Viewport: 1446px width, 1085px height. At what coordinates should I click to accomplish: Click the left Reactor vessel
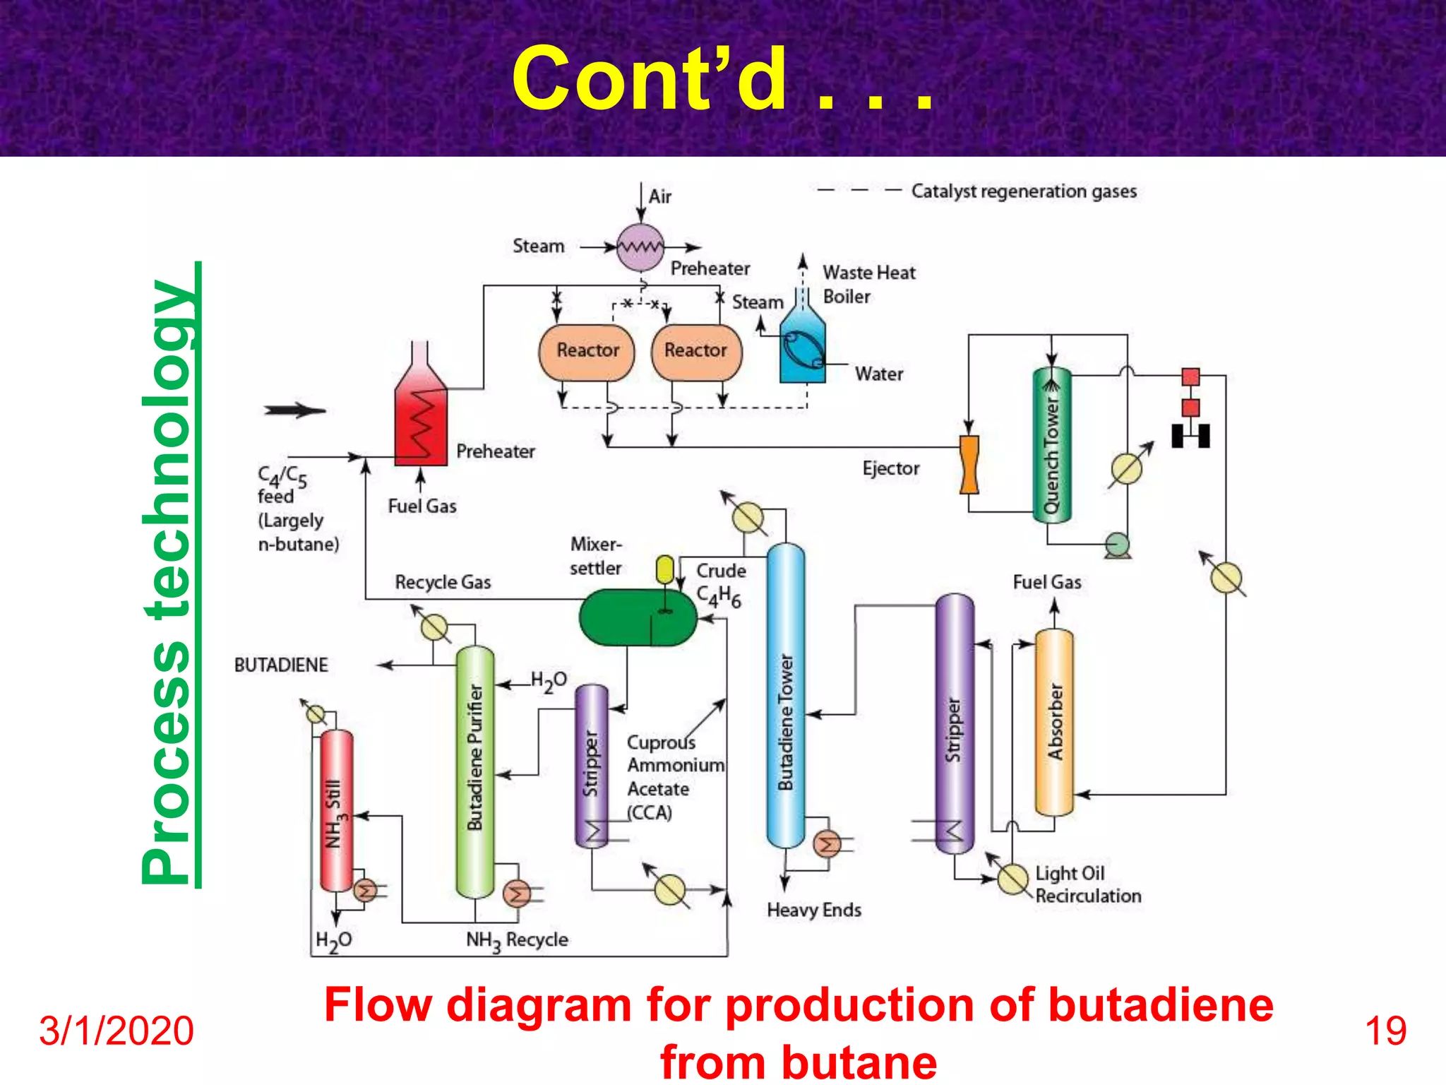click(x=586, y=352)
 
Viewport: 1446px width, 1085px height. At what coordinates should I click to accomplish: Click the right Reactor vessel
click(x=696, y=352)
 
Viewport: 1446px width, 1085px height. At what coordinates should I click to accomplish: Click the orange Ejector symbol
click(x=969, y=464)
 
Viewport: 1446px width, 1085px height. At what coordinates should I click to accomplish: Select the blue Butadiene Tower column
click(x=785, y=696)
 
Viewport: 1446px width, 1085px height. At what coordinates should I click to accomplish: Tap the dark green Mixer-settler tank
click(x=637, y=617)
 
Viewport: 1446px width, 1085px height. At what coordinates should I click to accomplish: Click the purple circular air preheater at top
click(x=640, y=247)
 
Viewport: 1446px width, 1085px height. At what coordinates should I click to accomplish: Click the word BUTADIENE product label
click(x=281, y=665)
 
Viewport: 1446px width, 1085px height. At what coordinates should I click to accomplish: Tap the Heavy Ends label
click(x=813, y=910)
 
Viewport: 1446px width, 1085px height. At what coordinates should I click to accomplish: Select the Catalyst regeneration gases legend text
click(x=1023, y=191)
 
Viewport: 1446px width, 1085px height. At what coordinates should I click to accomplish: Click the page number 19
click(x=1385, y=1031)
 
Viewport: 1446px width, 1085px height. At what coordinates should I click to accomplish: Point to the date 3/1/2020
click(x=116, y=1031)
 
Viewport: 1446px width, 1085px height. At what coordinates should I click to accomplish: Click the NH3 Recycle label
click(x=517, y=940)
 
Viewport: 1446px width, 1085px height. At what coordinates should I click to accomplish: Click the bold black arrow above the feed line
click(x=294, y=410)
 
